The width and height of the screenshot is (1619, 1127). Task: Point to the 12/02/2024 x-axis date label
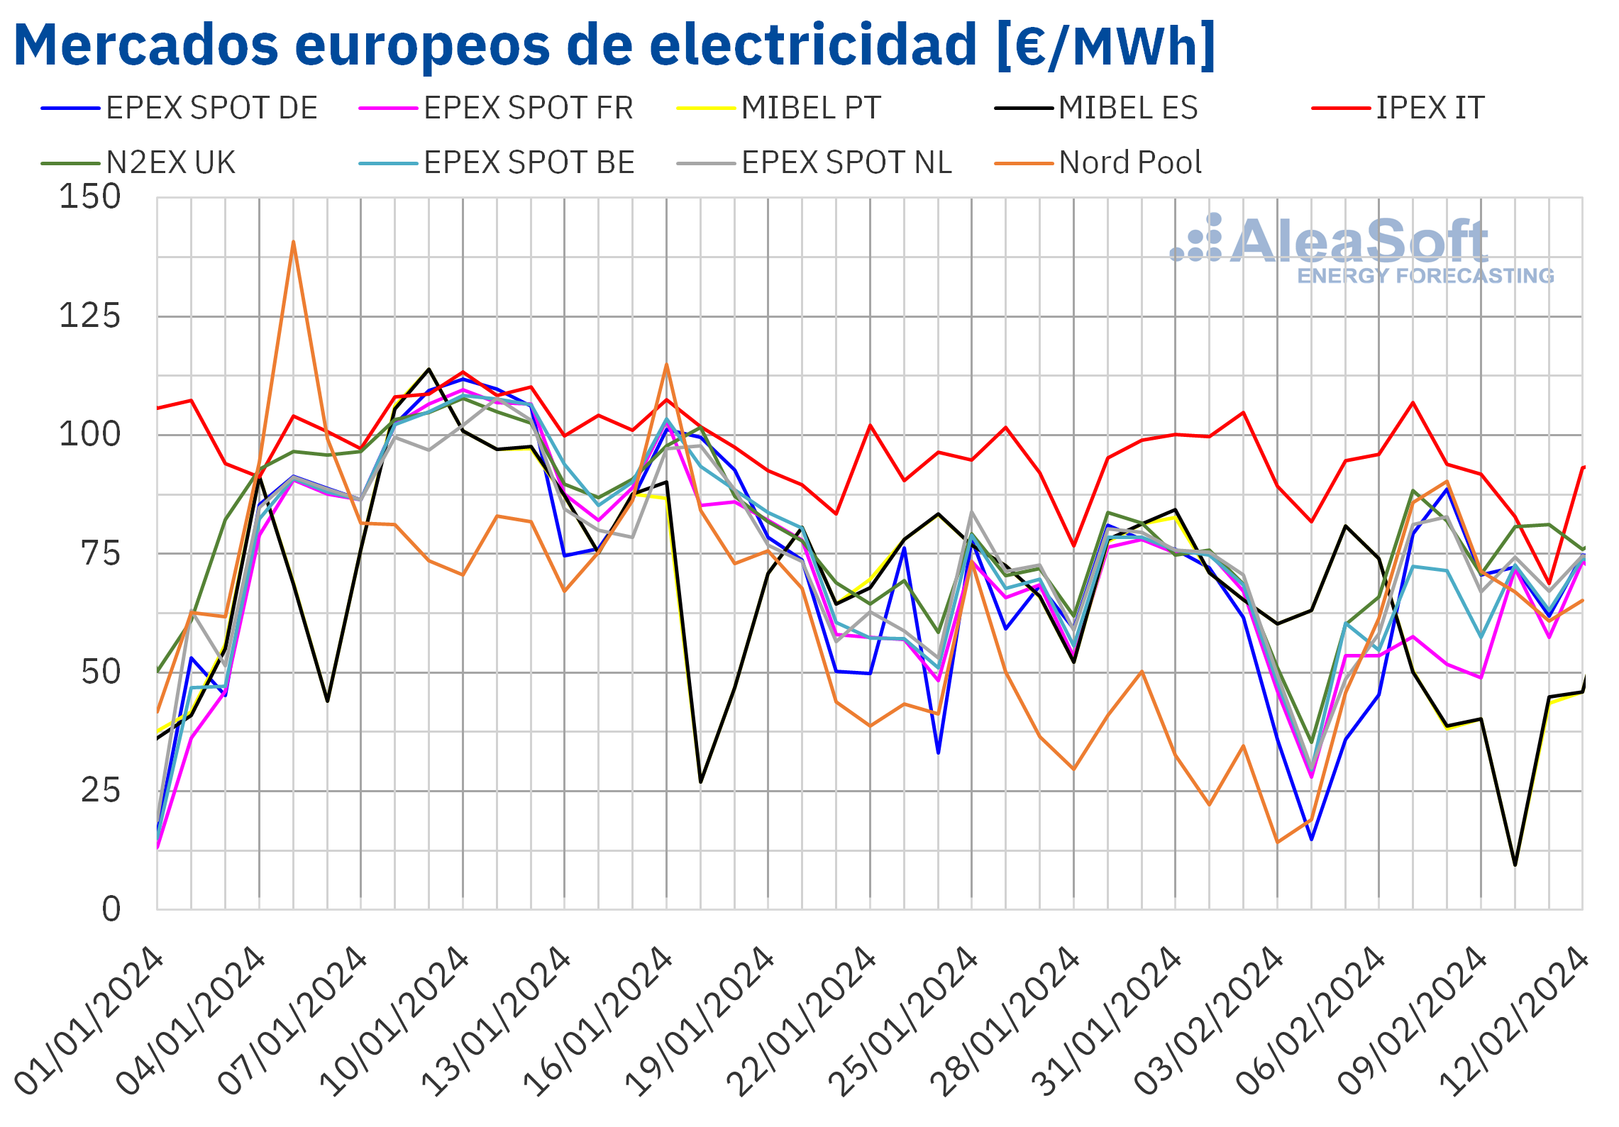pyautogui.click(x=1515, y=1021)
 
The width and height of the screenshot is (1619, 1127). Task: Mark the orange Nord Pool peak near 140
pyautogui.click(x=293, y=243)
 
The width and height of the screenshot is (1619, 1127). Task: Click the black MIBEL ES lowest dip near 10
pyautogui.click(x=1515, y=865)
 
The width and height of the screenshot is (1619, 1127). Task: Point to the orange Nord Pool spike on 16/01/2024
pyautogui.click(x=666, y=365)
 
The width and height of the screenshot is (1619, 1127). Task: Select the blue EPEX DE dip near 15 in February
pyautogui.click(x=1311, y=839)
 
